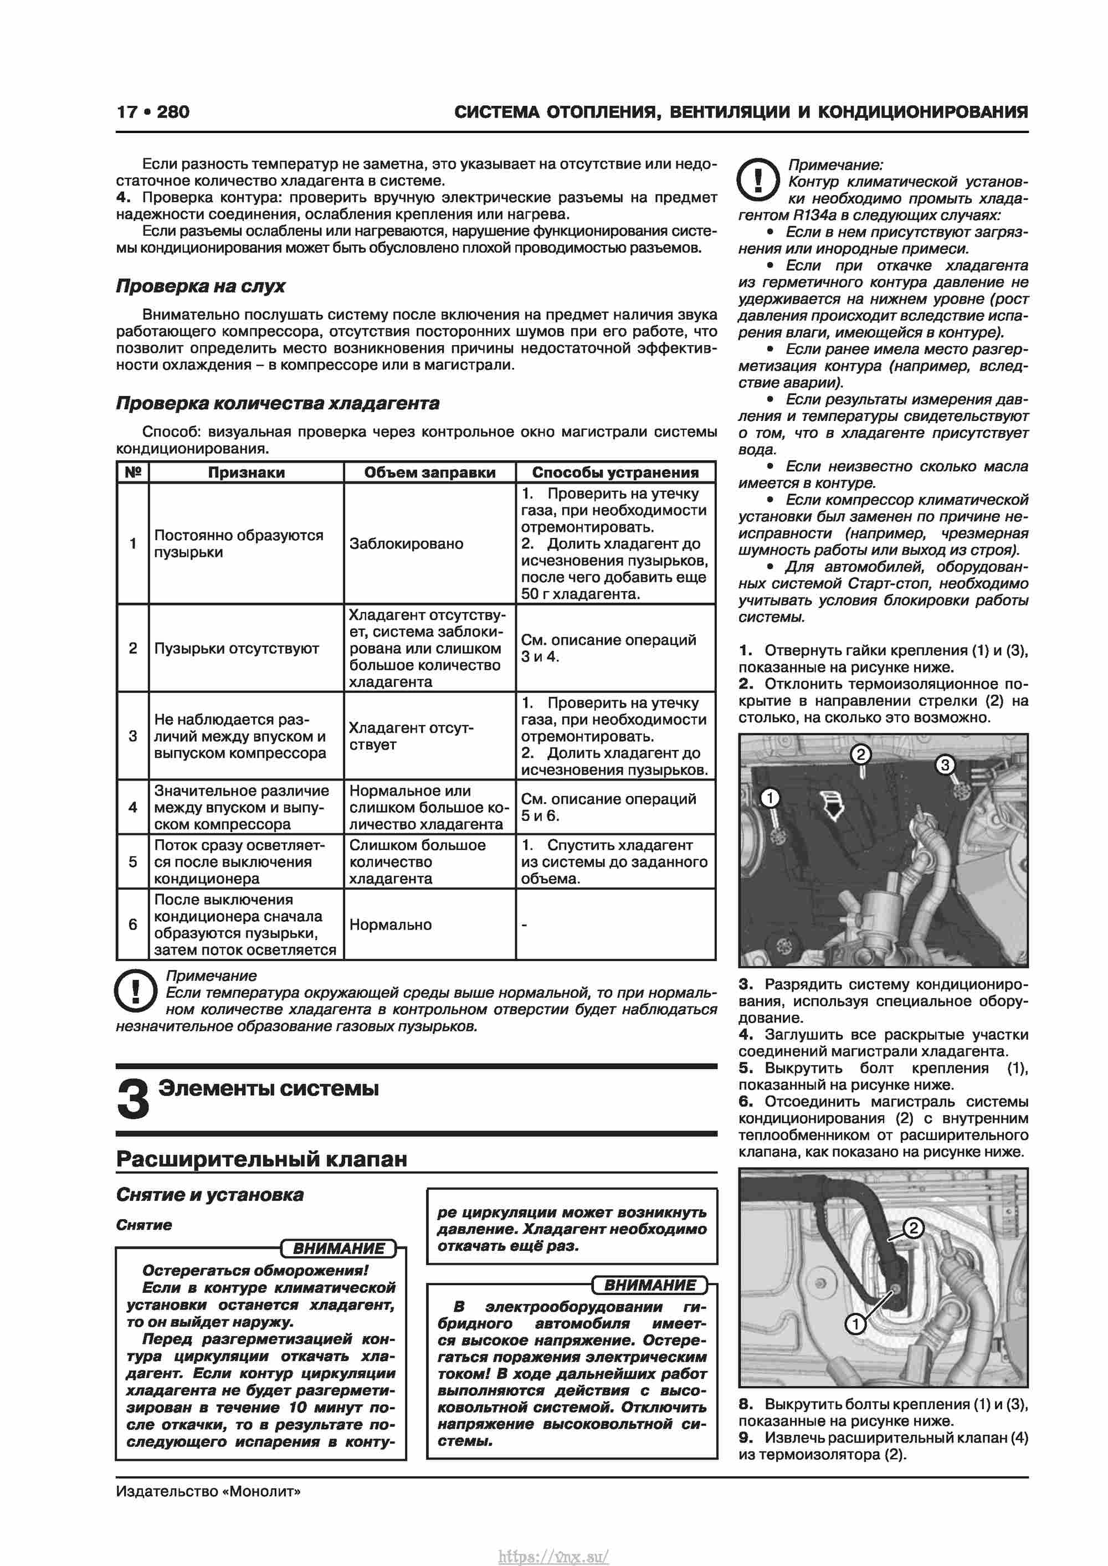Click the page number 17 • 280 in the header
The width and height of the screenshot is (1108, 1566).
point(153,112)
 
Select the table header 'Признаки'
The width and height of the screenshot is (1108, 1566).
point(247,473)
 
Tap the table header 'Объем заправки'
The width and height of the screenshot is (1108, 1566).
point(429,473)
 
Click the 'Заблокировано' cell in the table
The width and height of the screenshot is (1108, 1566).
point(406,543)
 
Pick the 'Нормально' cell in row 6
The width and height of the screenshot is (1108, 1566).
point(390,925)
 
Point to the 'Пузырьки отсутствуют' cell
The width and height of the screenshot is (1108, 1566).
point(236,648)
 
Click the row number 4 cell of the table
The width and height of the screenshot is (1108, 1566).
point(133,807)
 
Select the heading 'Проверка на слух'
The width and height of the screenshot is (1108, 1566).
point(201,286)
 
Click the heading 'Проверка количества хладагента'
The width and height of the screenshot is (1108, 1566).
point(278,403)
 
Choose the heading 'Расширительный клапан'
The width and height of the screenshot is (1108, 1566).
point(261,1159)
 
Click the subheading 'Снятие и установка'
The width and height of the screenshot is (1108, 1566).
point(209,1195)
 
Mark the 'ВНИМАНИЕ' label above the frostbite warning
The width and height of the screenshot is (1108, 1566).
point(338,1249)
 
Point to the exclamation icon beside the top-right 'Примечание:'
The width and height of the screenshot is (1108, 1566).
point(758,180)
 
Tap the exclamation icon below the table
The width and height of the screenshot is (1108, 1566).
point(136,991)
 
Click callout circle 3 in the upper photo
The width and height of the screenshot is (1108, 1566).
point(945,764)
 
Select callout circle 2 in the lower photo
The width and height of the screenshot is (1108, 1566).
point(914,1229)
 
